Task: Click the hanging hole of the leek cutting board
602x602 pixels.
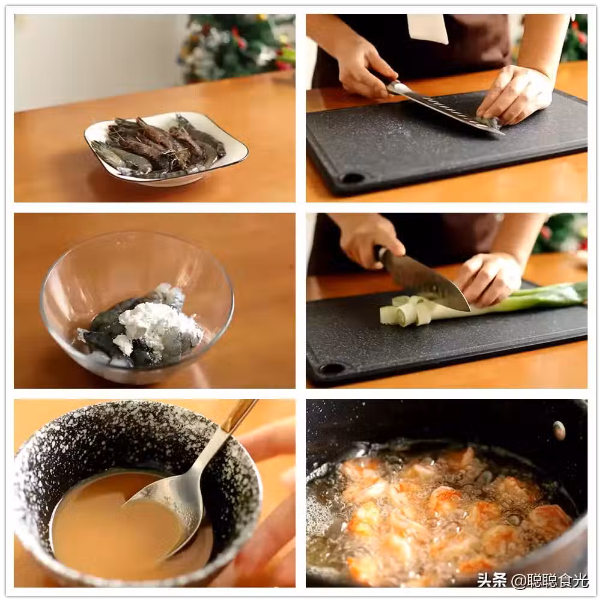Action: [x=331, y=369]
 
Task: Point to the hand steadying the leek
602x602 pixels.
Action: [x=490, y=278]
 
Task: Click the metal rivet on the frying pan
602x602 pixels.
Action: [x=559, y=430]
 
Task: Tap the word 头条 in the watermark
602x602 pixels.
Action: [x=492, y=580]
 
